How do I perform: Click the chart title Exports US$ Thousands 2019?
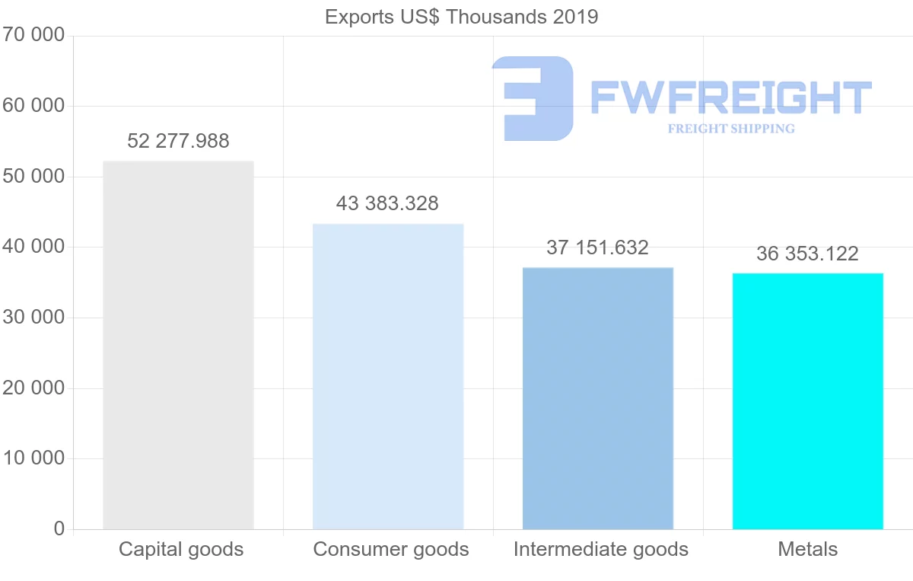coord(461,17)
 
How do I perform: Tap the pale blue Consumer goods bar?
coord(388,376)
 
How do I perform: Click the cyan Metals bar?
coord(807,401)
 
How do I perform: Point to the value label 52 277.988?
coord(178,141)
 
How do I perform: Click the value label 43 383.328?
coord(387,203)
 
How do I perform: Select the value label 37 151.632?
coord(597,247)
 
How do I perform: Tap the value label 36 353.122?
coord(807,254)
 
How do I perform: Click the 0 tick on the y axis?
coord(59,529)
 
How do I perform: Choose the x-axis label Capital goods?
coord(181,549)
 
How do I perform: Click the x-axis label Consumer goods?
coord(391,549)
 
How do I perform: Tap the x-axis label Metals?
coord(807,549)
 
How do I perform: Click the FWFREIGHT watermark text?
coord(730,97)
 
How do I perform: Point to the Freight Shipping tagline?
coord(730,129)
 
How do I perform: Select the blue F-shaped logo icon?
coord(532,98)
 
